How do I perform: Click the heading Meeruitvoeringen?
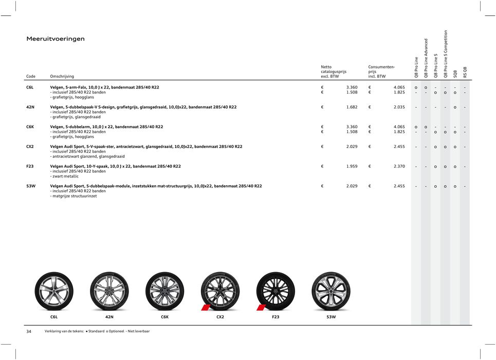[x=56, y=39]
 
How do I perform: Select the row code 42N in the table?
[x=30, y=107]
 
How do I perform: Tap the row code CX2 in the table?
[x=30, y=147]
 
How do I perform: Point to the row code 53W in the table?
[x=31, y=186]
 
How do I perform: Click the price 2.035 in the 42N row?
[x=399, y=107]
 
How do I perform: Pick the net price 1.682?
[x=352, y=107]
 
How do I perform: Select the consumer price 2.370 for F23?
[x=399, y=166]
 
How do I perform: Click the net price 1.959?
[x=352, y=166]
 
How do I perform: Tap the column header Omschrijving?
[x=62, y=77]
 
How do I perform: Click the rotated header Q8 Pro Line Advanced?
[x=426, y=58]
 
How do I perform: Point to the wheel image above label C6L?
[x=54, y=291]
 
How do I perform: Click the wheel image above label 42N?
[x=109, y=291]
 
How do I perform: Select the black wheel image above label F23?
[x=275, y=291]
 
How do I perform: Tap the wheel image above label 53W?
[x=331, y=291]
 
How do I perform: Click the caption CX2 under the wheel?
[x=220, y=317]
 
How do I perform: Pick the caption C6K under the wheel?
[x=164, y=317]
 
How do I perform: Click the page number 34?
[x=29, y=332]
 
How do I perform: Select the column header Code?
[x=31, y=77]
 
